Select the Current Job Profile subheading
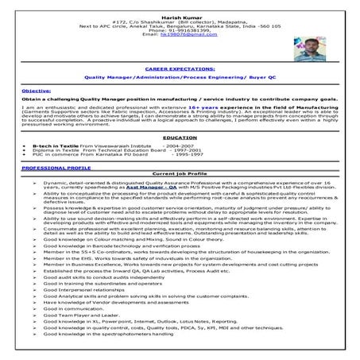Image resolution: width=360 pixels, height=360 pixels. [x=180, y=173]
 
